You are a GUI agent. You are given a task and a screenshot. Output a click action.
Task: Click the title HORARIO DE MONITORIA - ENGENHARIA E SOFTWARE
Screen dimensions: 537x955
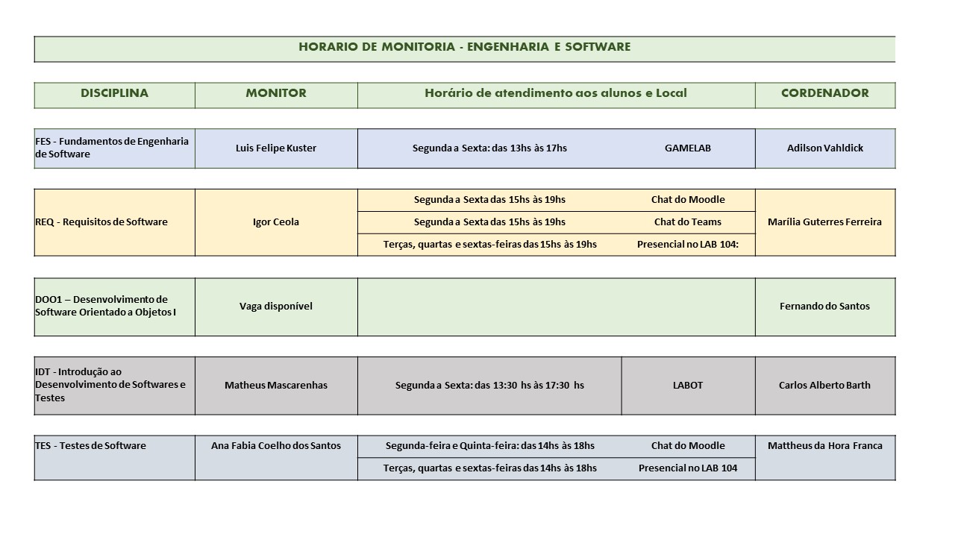464,47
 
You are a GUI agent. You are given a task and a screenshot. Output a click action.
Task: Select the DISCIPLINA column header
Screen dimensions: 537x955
114,93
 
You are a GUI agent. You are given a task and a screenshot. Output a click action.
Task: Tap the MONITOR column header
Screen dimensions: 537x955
276,93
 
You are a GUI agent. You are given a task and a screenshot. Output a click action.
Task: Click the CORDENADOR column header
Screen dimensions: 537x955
824,93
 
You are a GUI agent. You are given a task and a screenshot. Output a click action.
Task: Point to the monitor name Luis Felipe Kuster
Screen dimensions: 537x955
276,148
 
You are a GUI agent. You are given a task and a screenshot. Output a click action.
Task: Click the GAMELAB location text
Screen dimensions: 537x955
687,148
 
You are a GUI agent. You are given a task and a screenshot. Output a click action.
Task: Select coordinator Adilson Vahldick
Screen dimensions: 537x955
824,148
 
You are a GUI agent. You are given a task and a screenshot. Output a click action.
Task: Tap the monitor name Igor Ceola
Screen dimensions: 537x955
276,222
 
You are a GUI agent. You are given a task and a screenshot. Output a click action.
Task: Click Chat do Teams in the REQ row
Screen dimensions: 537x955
687,222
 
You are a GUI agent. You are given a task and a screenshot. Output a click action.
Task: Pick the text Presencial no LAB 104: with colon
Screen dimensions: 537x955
687,244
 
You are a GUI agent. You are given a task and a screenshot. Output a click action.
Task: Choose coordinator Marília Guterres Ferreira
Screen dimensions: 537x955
824,222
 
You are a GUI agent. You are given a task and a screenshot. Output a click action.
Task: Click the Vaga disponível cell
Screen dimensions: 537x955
276,306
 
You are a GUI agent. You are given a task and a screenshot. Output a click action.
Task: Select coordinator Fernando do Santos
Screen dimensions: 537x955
824,306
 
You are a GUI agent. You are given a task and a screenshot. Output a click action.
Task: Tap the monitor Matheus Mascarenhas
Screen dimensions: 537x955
276,385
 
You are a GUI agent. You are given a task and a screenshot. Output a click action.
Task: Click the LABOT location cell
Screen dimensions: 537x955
687,385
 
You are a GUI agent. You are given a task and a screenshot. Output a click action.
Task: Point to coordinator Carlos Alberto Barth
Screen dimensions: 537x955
824,385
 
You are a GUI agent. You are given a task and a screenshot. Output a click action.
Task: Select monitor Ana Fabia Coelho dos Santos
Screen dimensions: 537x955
276,445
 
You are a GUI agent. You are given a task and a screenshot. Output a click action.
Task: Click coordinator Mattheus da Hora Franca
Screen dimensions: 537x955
824,445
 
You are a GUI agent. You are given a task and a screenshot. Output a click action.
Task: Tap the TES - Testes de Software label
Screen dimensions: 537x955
90,445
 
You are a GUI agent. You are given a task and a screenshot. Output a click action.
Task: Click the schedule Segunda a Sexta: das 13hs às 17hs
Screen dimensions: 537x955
489,148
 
